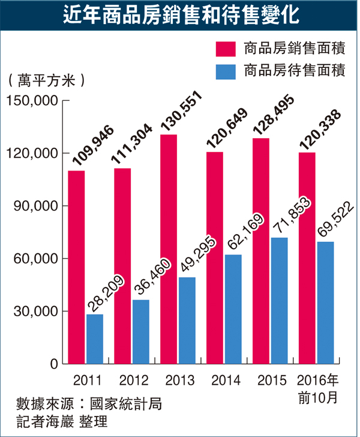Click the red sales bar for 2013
pos(169,249)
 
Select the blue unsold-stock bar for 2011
pos(95,339)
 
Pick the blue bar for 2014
pos(233,309)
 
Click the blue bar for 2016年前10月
pos(325,303)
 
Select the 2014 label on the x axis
pos(224,381)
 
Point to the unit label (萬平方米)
pos(45,79)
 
